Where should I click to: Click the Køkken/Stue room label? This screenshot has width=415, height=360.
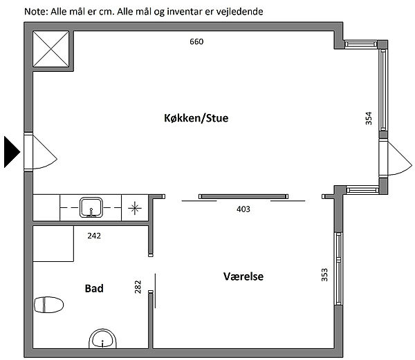[196, 118]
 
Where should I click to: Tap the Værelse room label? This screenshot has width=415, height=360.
[243, 276]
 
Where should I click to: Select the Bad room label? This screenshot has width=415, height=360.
[94, 288]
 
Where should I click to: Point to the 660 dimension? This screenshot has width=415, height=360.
[196, 41]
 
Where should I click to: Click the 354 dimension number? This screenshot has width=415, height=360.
[369, 118]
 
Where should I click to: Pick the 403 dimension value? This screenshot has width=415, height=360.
[243, 209]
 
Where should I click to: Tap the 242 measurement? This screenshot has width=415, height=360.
[94, 236]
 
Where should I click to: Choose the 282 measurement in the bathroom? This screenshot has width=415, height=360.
[138, 287]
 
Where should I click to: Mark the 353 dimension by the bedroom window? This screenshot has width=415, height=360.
[324, 275]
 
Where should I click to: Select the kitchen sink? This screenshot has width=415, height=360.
[91, 207]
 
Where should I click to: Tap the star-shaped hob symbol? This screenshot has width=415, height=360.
[135, 208]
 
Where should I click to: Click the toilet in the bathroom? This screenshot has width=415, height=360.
[48, 305]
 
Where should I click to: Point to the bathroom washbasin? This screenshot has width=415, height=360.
[102, 339]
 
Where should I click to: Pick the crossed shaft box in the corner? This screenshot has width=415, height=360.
[50, 49]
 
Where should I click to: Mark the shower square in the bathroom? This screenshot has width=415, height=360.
[53, 244]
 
